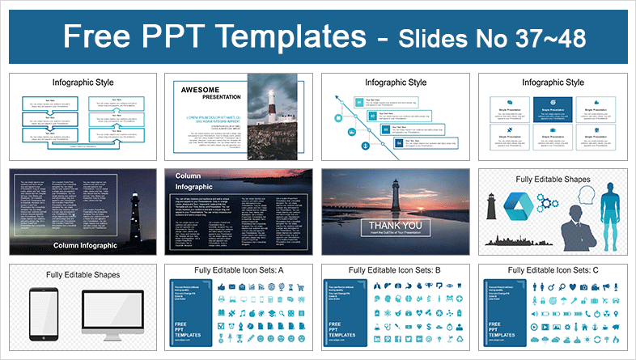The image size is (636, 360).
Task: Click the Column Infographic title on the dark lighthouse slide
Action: pos(85,245)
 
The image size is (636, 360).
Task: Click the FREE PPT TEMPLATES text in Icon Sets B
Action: pos(340,330)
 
